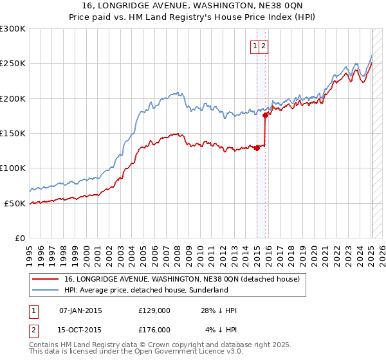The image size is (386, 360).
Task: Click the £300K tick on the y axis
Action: tap(12, 29)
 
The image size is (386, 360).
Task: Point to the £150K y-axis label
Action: tap(12, 133)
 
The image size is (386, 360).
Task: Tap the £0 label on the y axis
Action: tap(19, 238)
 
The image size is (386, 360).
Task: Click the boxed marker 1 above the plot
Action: tap(255, 46)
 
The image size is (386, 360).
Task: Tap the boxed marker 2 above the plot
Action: tap(264, 46)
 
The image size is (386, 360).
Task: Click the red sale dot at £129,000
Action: tap(257, 148)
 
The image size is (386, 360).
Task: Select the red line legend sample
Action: tap(45, 280)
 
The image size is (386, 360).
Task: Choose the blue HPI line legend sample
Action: tap(45, 290)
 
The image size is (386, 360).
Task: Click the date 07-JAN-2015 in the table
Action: tap(80, 310)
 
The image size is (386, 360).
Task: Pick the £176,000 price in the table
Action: tap(154, 329)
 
